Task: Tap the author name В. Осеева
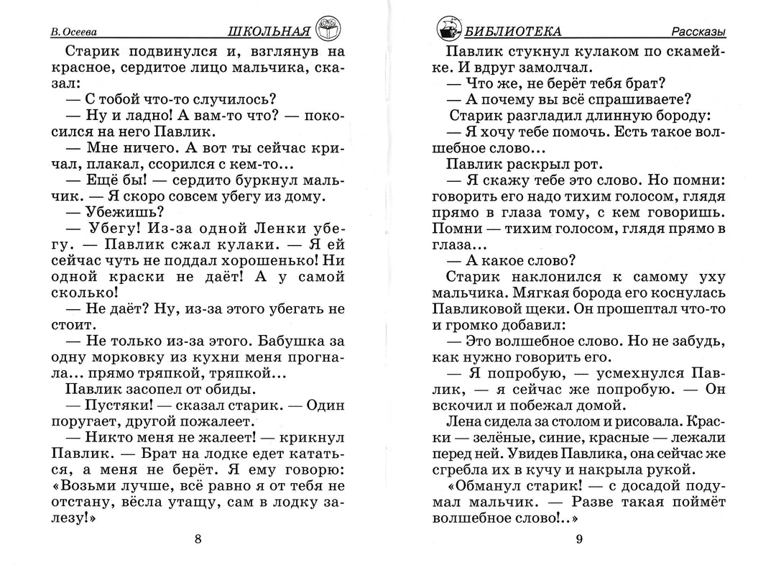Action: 75,32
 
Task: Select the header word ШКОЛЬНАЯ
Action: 267,31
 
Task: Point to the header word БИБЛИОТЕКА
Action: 513,31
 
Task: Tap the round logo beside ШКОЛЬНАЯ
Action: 328,27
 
